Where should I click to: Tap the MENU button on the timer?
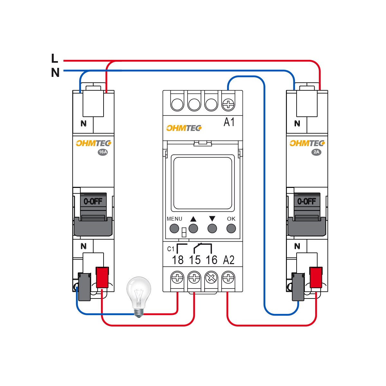coord(174,228)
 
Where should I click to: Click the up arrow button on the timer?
coord(193,228)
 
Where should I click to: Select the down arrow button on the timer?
coord(212,228)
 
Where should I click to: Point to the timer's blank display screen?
coord(202,183)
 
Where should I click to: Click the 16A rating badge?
coord(102,152)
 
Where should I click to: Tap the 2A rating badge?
coord(316,152)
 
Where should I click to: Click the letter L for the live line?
coord(55,59)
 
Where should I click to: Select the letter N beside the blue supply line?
coord(55,73)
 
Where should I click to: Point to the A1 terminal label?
coord(229,122)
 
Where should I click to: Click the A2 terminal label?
coord(229,260)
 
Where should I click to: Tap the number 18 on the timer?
coord(178,260)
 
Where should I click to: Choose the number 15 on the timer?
coord(195,260)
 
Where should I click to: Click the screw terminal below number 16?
coord(211,277)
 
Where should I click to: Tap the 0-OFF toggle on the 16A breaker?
coord(93,202)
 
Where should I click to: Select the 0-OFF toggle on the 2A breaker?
coord(307,202)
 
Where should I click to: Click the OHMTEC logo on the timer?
coord(184,128)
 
